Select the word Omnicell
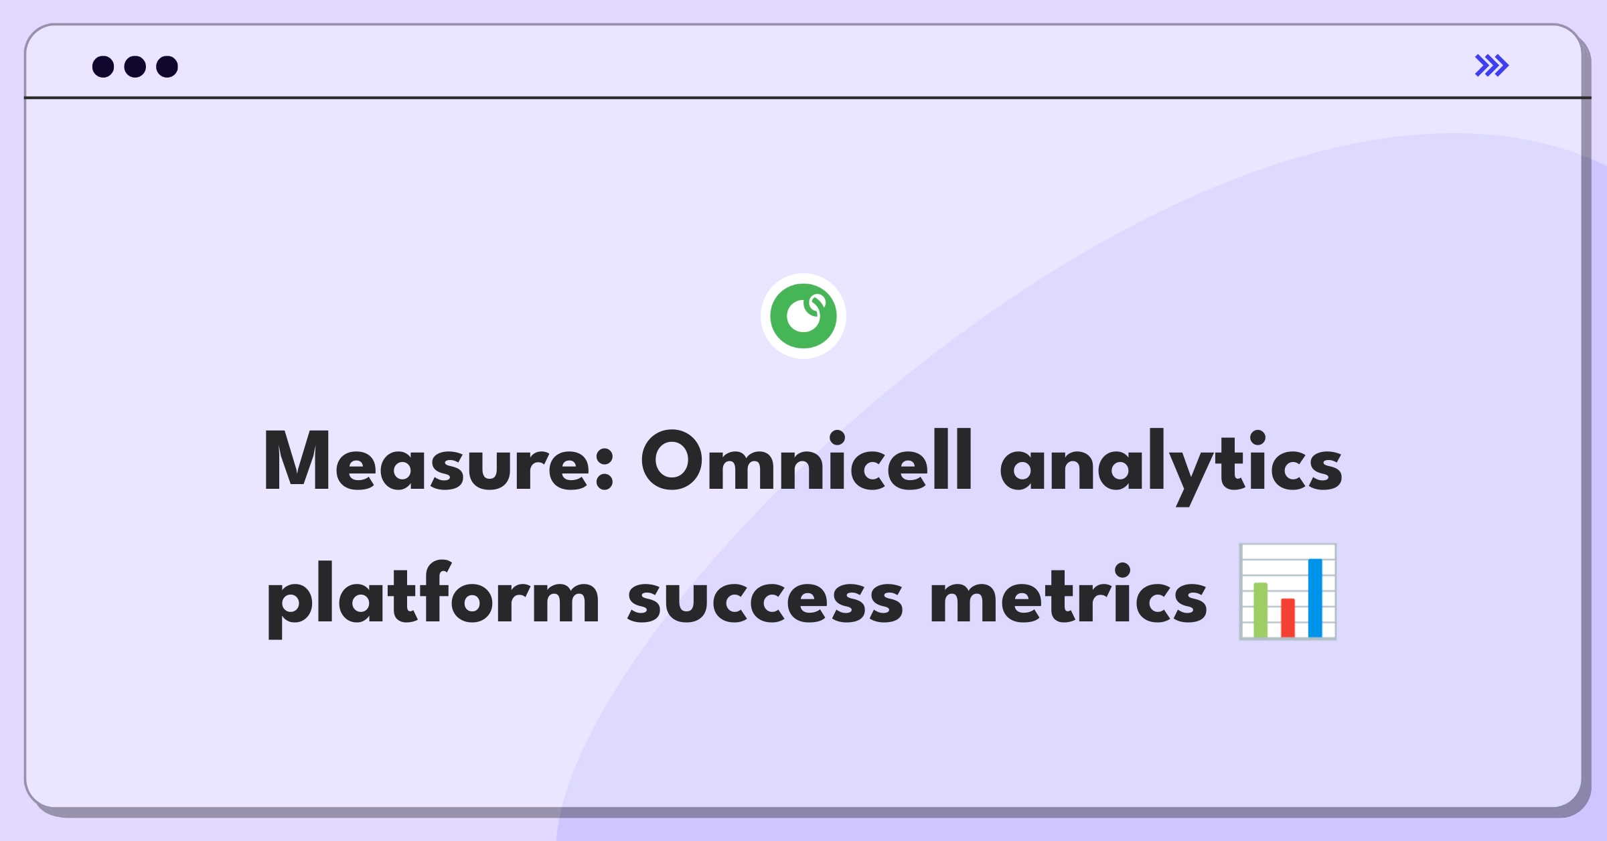[x=806, y=461]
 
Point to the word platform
[x=433, y=595]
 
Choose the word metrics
[x=1069, y=595]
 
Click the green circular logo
[x=803, y=316]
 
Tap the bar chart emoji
[x=1287, y=592]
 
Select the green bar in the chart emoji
[x=1260, y=609]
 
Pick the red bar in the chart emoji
[x=1288, y=617]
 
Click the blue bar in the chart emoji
[x=1315, y=597]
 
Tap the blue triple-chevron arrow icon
[x=1491, y=66]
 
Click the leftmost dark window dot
[x=103, y=66]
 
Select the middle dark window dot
[x=135, y=66]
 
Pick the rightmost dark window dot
[x=167, y=66]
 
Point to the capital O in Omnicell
[x=671, y=461]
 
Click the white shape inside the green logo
[x=804, y=316]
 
